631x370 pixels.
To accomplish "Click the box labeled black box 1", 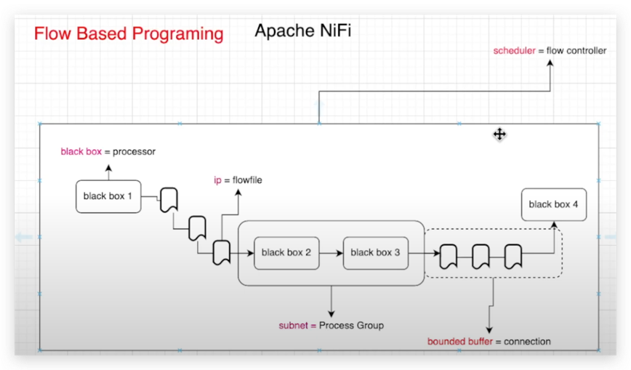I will pos(108,196).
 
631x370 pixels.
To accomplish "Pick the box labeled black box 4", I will pos(553,204).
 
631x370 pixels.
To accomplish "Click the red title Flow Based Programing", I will pos(129,34).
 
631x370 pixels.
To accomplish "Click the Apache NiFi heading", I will pos(302,31).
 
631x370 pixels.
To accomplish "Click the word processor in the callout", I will pos(134,152).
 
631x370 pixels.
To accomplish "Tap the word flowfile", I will pos(247,180).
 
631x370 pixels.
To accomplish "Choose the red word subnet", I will pos(293,326).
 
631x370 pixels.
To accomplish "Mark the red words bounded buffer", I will pos(460,342).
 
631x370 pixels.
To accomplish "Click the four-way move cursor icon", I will pos(499,134).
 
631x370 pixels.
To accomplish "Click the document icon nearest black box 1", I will pos(169,199).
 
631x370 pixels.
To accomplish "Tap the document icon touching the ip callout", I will pos(222,253).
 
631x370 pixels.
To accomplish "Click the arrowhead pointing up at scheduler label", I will pos(550,63).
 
